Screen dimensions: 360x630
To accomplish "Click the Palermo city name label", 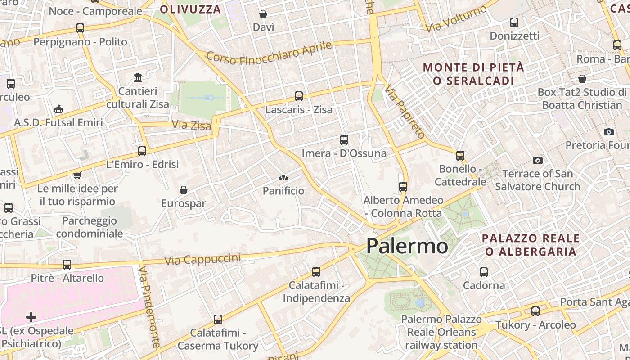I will point(407,246).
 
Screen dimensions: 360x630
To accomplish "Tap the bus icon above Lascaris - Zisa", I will point(299,96).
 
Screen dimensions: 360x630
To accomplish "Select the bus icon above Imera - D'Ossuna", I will point(344,140).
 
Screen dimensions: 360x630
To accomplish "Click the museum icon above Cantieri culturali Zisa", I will point(138,78).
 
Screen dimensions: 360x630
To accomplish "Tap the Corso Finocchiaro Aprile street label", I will point(269,53).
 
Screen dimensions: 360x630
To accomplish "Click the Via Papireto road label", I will point(405,112).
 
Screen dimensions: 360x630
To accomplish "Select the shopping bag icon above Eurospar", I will point(184,190).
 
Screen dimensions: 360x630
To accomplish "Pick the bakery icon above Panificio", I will point(283,178).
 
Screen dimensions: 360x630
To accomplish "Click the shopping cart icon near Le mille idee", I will point(77,175).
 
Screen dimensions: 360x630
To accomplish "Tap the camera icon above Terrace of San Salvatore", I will point(537,160).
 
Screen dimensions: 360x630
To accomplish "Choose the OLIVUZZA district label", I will point(190,9).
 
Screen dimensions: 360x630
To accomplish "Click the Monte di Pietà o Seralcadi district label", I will point(473,74).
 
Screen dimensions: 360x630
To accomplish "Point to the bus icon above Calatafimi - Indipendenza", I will point(316,271).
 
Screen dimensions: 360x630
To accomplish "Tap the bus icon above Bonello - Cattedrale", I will point(460,155).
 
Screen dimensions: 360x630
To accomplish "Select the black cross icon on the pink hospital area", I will point(31,317).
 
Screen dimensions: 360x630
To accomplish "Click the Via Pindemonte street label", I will point(149,306).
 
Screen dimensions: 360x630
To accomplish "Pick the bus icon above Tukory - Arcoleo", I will point(535,311).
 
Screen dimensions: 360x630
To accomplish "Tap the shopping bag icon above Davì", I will point(263,14).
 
